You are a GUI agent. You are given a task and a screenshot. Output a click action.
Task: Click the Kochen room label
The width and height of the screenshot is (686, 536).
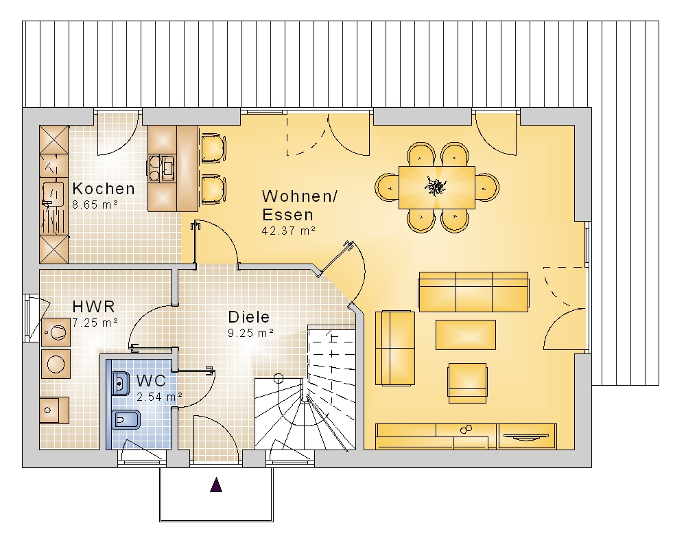pyautogui.click(x=104, y=189)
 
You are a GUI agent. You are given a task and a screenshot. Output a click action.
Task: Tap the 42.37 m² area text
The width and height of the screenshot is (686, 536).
pyautogui.click(x=289, y=231)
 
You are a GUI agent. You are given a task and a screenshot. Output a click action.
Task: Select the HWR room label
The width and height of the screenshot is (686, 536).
pyautogui.click(x=93, y=307)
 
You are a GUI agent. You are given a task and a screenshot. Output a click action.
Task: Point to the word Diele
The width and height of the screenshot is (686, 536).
pyautogui.click(x=249, y=317)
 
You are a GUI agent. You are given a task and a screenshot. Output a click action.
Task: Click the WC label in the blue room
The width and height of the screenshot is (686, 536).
pyautogui.click(x=151, y=381)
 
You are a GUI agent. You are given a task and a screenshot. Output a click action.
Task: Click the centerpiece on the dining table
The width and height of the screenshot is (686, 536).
pyautogui.click(x=436, y=187)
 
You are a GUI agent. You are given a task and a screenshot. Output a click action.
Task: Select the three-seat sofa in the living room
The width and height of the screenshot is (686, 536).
pyautogui.click(x=474, y=292)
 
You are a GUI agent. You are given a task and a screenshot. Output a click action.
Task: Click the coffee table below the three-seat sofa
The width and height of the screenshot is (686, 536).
pyautogui.click(x=466, y=335)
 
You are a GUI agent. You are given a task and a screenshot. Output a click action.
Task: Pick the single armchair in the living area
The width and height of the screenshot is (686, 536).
pyautogui.click(x=467, y=383)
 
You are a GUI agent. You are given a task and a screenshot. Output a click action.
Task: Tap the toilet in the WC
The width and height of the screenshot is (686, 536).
pyautogui.click(x=126, y=421)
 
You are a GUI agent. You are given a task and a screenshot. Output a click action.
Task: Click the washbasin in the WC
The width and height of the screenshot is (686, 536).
pyautogui.click(x=121, y=383)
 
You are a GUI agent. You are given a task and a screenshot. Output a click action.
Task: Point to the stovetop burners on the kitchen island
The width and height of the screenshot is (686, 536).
pyautogui.click(x=162, y=168)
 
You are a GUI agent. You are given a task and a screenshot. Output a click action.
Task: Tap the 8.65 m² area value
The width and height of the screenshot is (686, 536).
pyautogui.click(x=95, y=205)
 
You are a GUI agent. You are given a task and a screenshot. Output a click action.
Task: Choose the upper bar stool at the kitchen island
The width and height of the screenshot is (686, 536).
pyautogui.click(x=213, y=148)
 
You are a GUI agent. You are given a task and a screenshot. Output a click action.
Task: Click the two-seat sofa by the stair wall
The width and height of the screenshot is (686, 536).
pyautogui.click(x=395, y=348)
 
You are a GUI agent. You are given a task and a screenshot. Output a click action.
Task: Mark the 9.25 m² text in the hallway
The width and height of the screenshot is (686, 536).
pyautogui.click(x=250, y=333)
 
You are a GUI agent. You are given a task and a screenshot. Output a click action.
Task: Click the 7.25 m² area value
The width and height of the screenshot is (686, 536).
pyautogui.click(x=95, y=323)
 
